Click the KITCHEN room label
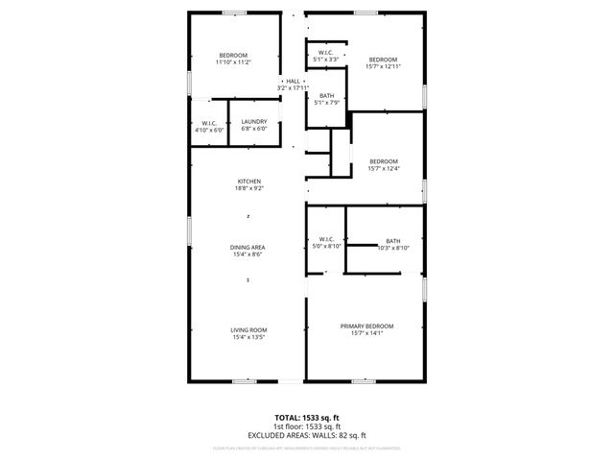(x=248, y=182)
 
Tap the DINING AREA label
(x=247, y=248)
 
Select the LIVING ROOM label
(x=248, y=330)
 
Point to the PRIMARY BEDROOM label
(x=367, y=327)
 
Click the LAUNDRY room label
(x=254, y=121)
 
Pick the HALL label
(x=293, y=82)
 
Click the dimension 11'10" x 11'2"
(x=233, y=62)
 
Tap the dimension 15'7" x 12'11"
(x=384, y=66)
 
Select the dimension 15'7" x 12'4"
(x=384, y=168)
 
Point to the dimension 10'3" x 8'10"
(x=393, y=248)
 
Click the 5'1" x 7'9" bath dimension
(x=327, y=103)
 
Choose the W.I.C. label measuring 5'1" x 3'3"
(x=326, y=53)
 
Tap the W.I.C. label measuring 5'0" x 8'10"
(x=325, y=239)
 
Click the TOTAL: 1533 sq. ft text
(x=306, y=418)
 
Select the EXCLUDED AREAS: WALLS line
(x=306, y=435)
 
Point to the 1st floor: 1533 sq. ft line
(x=306, y=426)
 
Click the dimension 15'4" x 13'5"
(x=248, y=337)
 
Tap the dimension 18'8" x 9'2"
(x=248, y=188)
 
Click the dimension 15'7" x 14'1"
(x=367, y=333)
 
